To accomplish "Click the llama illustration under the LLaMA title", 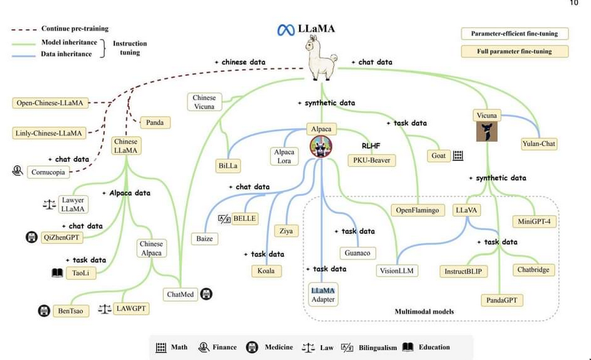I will click(320, 58).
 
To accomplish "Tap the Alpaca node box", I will click(321, 129).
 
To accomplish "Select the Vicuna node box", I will click(486, 115).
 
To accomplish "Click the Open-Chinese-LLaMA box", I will click(49, 103).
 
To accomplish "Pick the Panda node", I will click(155, 122).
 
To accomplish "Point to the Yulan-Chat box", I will click(539, 144).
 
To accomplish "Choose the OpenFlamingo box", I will click(418, 210).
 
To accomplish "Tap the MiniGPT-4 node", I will click(534, 221).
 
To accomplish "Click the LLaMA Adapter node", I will click(323, 294).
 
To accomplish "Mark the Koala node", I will click(265, 271).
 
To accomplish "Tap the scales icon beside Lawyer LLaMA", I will click(48, 204).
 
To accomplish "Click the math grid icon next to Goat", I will click(458, 156).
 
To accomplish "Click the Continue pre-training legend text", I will click(74, 29).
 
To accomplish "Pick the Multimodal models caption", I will click(424, 311).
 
